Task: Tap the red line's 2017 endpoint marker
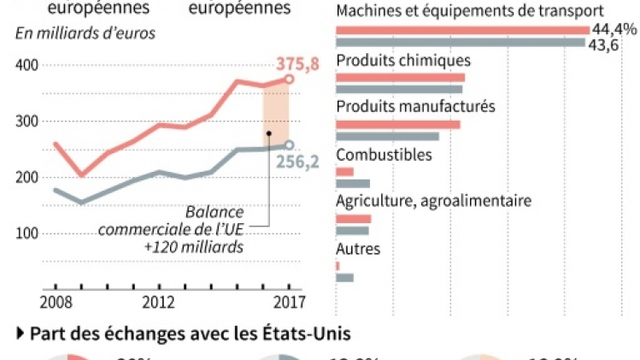(289, 79)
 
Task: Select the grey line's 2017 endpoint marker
(289, 145)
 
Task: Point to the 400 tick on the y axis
(27, 65)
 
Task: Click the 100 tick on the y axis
(27, 233)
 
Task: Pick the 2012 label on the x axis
(159, 302)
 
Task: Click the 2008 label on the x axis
(56, 302)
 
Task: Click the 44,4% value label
(615, 29)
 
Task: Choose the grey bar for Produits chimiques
(399, 89)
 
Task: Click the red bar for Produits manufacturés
(398, 125)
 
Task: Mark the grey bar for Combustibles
(353, 183)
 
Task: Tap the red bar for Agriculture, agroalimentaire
(353, 219)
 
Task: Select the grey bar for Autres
(344, 277)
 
